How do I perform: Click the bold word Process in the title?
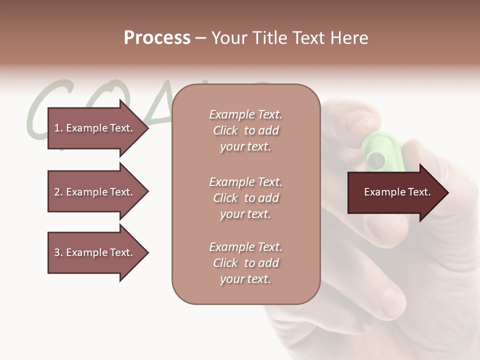tap(157, 38)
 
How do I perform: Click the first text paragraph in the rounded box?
tap(245, 130)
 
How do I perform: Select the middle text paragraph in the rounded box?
tap(245, 198)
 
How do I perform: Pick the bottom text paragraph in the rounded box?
tap(245, 263)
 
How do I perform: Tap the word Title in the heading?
tap(272, 38)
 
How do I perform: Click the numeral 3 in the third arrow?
tap(56, 252)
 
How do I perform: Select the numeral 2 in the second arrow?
tap(56, 192)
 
